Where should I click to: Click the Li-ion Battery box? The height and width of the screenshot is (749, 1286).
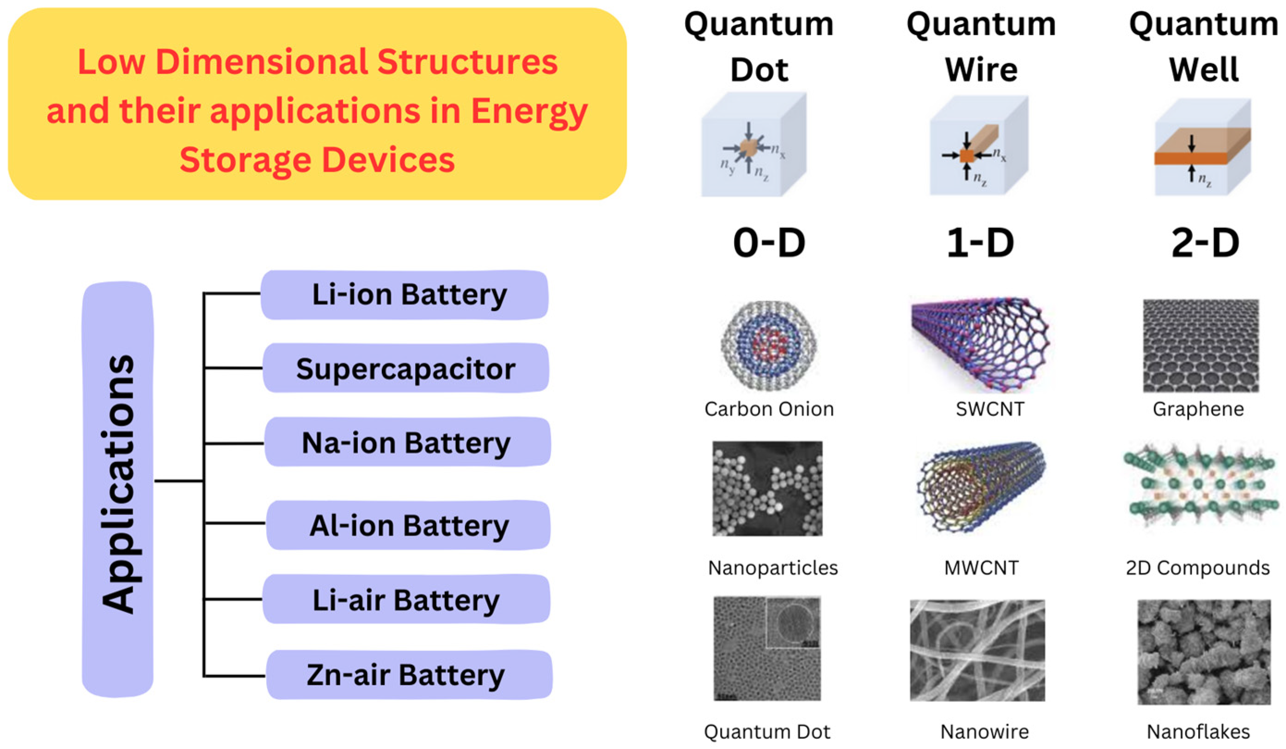click(x=404, y=295)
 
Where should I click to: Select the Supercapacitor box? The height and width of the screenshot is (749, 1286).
click(x=406, y=368)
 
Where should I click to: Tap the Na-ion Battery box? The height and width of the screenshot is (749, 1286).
click(x=407, y=442)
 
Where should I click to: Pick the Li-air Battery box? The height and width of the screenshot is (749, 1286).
click(x=406, y=599)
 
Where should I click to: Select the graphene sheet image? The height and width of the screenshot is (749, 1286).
click(x=1200, y=346)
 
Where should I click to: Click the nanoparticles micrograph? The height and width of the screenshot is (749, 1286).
click(x=767, y=489)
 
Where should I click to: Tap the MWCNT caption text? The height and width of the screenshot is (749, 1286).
click(x=981, y=568)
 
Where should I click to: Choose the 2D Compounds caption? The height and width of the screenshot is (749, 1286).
click(x=1198, y=568)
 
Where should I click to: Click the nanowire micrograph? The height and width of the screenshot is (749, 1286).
click(x=977, y=650)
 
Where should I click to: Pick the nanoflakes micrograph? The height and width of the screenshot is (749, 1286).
click(x=1203, y=652)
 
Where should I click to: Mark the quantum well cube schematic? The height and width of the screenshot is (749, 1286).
click(x=1202, y=147)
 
